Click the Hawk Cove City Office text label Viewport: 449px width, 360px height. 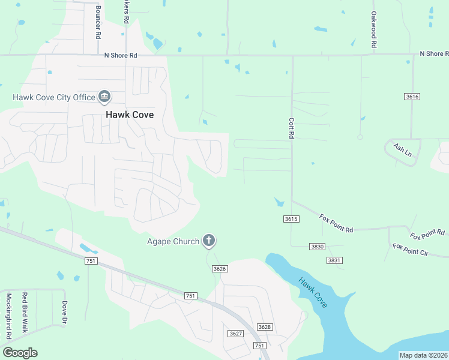[54, 97]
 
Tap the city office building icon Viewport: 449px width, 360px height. [104, 97]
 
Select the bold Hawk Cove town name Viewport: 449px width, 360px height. [129, 115]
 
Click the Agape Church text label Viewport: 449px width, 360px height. [173, 242]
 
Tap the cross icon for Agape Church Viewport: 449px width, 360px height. [209, 241]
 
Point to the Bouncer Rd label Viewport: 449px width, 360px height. [98, 22]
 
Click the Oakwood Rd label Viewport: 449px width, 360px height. [373, 30]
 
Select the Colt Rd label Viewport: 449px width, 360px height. [291, 127]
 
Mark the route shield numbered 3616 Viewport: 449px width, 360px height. [412, 97]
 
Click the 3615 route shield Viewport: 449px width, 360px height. [291, 220]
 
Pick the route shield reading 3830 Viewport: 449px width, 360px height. [317, 247]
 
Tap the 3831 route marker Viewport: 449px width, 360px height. [334, 260]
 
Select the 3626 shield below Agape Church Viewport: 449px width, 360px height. [220, 269]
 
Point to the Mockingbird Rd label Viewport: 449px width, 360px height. [9, 313]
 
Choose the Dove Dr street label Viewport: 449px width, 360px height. [64, 311]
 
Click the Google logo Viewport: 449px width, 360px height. [20, 353]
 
